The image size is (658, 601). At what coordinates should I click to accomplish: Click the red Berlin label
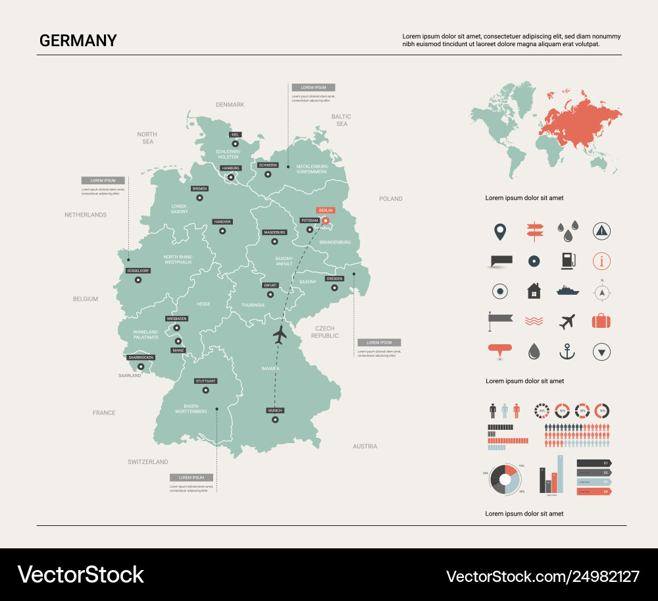pos(326,210)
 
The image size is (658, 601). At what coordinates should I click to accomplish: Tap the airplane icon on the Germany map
pos(280,334)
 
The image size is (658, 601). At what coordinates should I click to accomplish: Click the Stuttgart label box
pos(205,381)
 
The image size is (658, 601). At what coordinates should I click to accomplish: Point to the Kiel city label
pos(236,134)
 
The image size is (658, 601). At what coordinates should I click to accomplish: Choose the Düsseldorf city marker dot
pos(138,280)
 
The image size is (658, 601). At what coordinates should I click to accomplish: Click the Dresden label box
pos(334,278)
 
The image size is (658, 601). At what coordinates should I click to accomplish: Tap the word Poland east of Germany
pos(390,199)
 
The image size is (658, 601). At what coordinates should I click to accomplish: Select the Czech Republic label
pos(324,332)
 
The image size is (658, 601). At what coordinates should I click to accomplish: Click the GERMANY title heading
pos(78,41)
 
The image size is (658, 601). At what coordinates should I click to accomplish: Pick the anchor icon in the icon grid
pos(567,352)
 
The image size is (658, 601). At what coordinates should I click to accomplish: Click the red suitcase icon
pos(601,321)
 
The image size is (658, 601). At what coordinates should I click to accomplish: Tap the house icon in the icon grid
pos(534,290)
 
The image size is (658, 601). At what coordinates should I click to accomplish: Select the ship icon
pos(567,290)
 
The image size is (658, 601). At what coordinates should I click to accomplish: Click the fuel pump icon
pos(567,260)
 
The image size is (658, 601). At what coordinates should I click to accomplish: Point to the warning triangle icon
pos(601,230)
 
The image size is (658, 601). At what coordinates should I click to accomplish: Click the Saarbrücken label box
pos(140,357)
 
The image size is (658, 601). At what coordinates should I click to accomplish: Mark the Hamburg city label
pos(231,168)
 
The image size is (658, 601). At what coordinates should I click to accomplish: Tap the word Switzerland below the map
pos(148,462)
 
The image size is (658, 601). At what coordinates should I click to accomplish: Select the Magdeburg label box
pos(274,232)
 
